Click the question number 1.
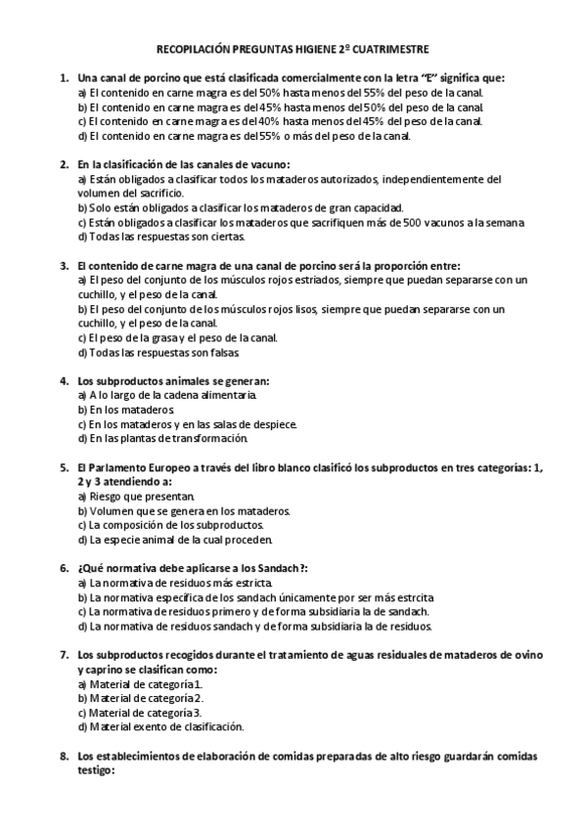pyautogui.click(x=64, y=77)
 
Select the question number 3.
pyautogui.click(x=64, y=265)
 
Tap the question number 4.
pyautogui.click(x=64, y=380)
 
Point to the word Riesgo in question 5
pyautogui.click(x=109, y=496)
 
